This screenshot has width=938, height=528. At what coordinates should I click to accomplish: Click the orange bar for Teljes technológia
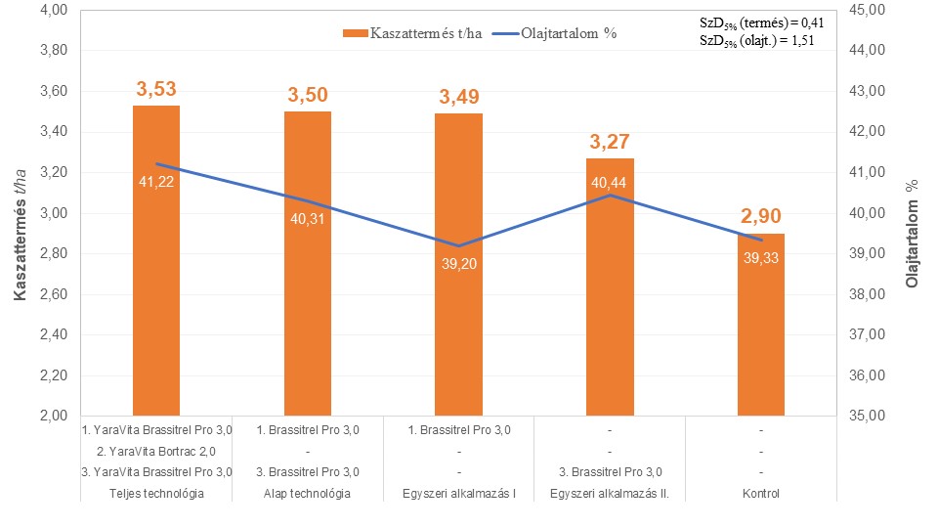pos(156,293)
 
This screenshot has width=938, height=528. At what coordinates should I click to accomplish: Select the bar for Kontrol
pos(760,332)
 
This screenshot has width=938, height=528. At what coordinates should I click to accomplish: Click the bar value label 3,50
pos(308,96)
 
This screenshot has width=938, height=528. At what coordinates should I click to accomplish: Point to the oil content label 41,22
pos(156,182)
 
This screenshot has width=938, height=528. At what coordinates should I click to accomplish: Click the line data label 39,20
pos(458,262)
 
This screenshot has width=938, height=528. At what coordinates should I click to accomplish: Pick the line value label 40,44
pos(610,182)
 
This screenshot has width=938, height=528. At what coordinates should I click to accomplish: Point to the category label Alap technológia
pos(308,493)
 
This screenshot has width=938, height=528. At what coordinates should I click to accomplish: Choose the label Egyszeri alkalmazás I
pos(458,493)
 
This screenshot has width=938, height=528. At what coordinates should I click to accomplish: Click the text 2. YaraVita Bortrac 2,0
pos(156,451)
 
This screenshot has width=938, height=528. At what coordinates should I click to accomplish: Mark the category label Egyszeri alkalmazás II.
pos(610,493)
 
